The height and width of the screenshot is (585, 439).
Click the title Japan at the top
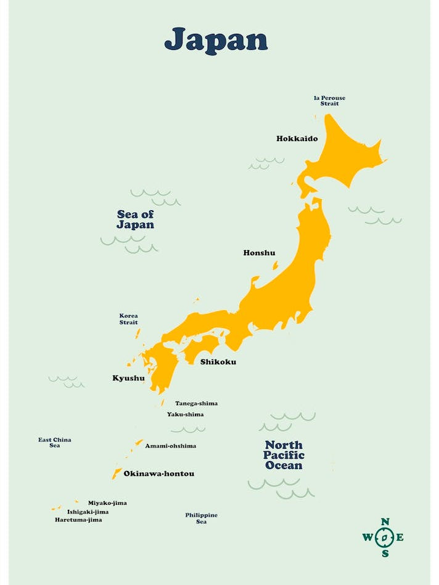(x=216, y=39)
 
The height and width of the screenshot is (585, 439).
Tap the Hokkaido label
(x=297, y=139)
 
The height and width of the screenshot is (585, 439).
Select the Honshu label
(x=259, y=253)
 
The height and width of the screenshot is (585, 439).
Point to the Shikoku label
(x=218, y=362)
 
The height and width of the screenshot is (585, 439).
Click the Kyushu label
(x=128, y=378)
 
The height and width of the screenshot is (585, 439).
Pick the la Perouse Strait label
(x=329, y=100)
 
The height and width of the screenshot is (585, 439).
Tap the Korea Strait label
(x=128, y=319)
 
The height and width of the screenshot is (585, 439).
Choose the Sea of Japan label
(x=136, y=219)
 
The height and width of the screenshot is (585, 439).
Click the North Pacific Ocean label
(x=284, y=455)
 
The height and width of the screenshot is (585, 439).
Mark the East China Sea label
(x=54, y=443)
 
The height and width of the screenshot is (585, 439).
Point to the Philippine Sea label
(x=201, y=518)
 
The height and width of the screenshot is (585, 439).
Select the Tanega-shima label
(x=196, y=403)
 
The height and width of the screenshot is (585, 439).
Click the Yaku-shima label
(x=185, y=414)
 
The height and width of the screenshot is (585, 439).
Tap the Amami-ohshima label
(x=170, y=446)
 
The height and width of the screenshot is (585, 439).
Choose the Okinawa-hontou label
(x=158, y=473)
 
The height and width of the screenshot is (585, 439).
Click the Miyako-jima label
(x=107, y=503)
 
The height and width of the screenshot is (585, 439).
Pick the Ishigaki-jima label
(x=88, y=512)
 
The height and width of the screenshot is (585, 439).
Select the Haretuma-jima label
(x=78, y=520)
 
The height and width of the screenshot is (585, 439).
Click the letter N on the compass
(x=385, y=522)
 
